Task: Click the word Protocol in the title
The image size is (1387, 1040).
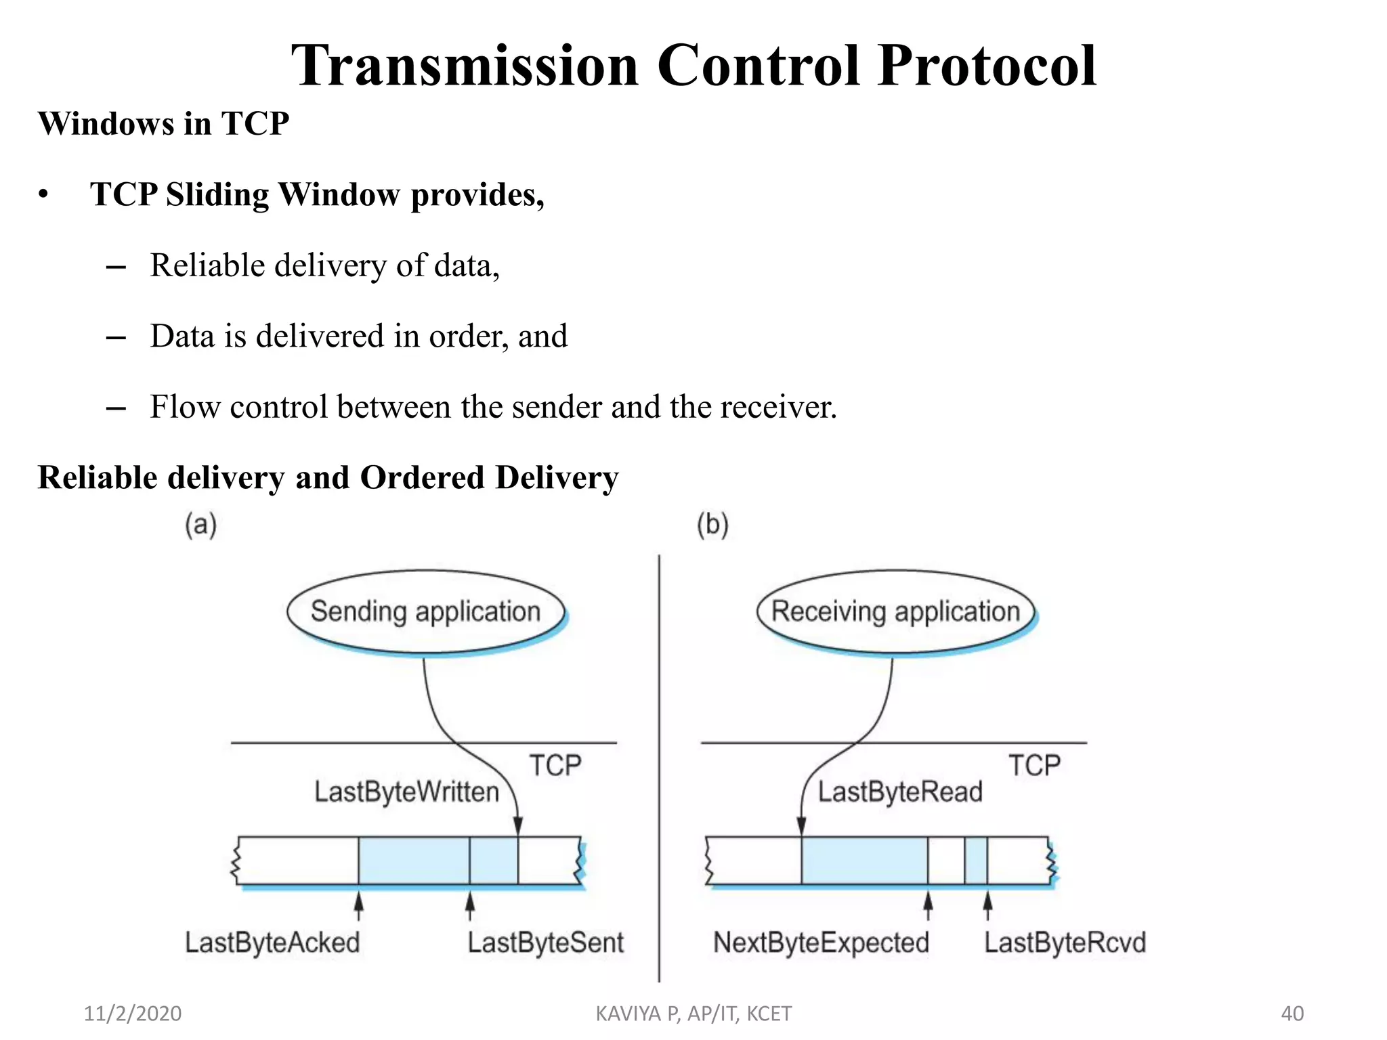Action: (x=987, y=66)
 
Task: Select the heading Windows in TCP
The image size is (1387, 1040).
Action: (x=163, y=124)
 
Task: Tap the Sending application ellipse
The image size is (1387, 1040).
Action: (x=425, y=611)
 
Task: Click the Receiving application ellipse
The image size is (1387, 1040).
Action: (x=895, y=611)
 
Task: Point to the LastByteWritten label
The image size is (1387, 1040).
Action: (x=406, y=792)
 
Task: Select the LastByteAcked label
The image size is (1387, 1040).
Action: (x=272, y=942)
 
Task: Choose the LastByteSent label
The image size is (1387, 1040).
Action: (x=545, y=942)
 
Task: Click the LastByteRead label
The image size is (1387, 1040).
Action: (x=900, y=792)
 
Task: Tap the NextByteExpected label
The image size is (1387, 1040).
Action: (x=821, y=942)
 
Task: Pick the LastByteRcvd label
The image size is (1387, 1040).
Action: (x=1065, y=942)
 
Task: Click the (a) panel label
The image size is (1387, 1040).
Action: (x=201, y=525)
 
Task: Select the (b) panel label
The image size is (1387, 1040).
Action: (x=712, y=525)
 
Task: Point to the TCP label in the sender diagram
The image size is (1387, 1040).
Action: (x=555, y=766)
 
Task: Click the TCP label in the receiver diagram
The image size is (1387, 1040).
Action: (x=1034, y=766)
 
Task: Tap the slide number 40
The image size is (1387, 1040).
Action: (x=1292, y=1014)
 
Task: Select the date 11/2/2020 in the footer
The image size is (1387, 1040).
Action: (x=133, y=1014)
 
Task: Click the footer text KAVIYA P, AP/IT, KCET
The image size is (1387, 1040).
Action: (x=693, y=1014)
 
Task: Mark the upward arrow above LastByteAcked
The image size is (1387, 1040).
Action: (x=359, y=905)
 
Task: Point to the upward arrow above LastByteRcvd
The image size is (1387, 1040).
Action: (x=987, y=905)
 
